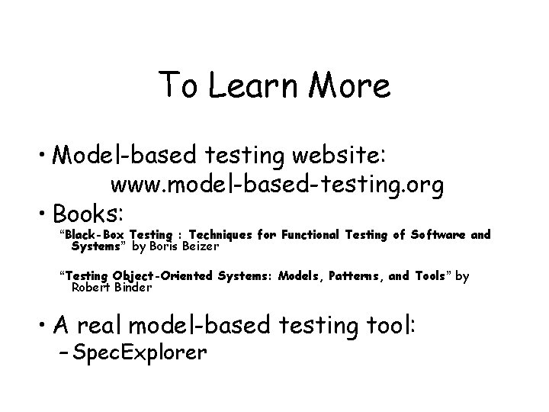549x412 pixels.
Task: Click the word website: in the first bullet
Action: tap(336, 157)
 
